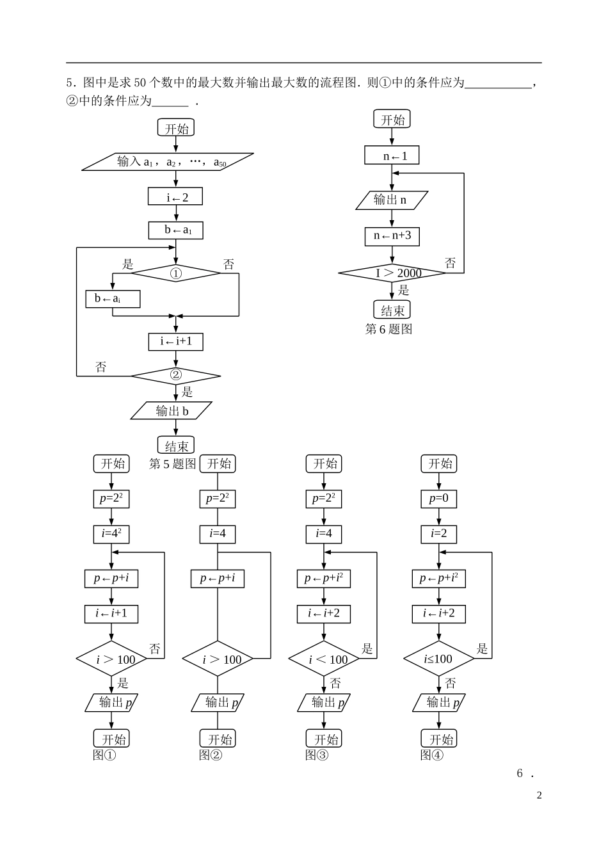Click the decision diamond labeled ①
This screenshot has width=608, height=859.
tap(176, 273)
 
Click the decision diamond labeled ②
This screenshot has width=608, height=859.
tap(176, 375)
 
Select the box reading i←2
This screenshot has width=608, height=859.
tap(175, 197)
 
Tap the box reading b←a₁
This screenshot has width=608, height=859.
tap(175, 230)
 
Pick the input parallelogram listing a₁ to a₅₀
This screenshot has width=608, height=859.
tap(168, 162)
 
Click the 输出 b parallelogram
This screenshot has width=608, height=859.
tap(172, 411)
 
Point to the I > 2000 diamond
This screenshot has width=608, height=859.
tap(392, 273)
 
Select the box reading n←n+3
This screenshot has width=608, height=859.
tap(392, 236)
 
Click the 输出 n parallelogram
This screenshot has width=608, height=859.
tap(392, 200)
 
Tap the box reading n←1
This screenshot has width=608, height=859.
tap(392, 156)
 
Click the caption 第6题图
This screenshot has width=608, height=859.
tap(388, 329)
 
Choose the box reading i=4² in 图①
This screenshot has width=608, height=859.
tap(111, 534)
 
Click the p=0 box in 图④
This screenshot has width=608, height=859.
tap(439, 499)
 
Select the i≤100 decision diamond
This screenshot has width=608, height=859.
tap(439, 659)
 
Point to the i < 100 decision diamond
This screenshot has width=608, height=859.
tap(324, 659)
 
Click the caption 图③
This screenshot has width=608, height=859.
tap(317, 755)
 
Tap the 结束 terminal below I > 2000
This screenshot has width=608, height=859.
tap(392, 310)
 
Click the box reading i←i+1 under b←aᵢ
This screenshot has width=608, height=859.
tap(176, 341)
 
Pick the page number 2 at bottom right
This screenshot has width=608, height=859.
tap(539, 796)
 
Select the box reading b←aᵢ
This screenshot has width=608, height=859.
tap(113, 298)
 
